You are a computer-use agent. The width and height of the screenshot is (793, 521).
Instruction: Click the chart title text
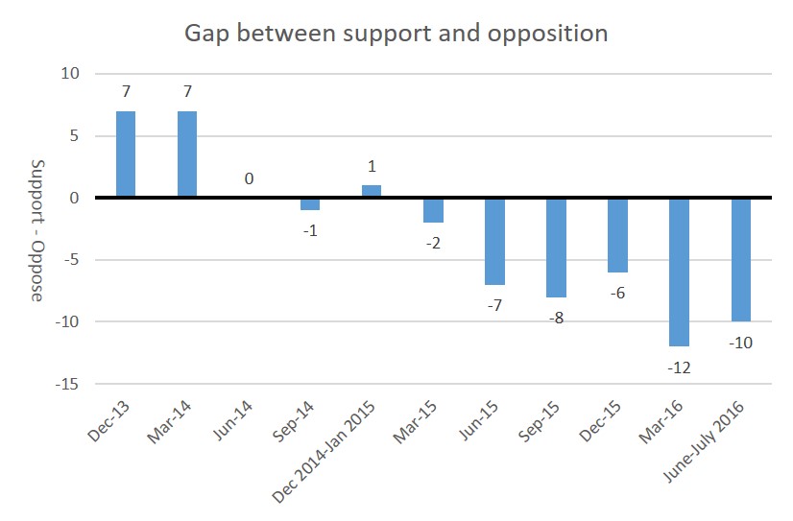[396, 34]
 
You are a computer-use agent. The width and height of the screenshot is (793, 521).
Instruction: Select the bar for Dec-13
[126, 154]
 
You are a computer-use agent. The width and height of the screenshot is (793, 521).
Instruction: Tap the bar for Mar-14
[187, 154]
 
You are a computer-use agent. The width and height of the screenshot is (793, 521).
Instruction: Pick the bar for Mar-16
[679, 272]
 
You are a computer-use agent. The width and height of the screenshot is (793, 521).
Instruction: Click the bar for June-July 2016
[740, 259]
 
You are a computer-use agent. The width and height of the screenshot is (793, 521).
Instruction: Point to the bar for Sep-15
[556, 248]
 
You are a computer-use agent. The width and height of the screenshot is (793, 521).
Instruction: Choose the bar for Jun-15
[494, 241]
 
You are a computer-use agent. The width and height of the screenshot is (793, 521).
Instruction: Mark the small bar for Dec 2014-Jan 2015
[372, 191]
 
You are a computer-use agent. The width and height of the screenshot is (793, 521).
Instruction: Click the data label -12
[679, 367]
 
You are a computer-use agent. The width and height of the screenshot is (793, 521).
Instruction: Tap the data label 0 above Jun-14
[249, 178]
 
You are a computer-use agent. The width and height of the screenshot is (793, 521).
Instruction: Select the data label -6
[617, 292]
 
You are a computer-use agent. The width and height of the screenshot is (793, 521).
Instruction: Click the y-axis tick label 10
[72, 74]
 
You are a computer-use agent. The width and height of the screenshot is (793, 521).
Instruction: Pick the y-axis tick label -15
[68, 384]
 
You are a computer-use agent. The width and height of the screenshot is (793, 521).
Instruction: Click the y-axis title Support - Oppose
[36, 229]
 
